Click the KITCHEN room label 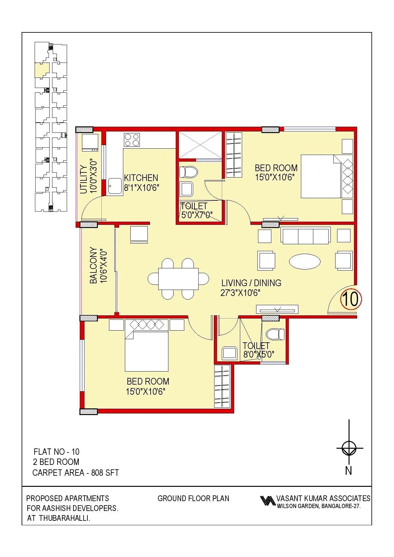pos(141,178)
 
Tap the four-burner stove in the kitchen pos(132,140)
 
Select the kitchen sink pos(114,186)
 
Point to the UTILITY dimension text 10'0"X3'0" pos(93,176)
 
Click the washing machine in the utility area pos(90,143)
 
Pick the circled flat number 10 pos(351,299)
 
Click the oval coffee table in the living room pos(305,261)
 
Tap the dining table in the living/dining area pos(178,279)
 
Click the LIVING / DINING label pos(251,283)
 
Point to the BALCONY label pos(93,265)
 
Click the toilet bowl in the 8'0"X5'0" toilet pos(275,334)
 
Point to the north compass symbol pos(349,448)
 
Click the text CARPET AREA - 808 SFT pos(76,473)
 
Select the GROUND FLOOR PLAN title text pos(193,499)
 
